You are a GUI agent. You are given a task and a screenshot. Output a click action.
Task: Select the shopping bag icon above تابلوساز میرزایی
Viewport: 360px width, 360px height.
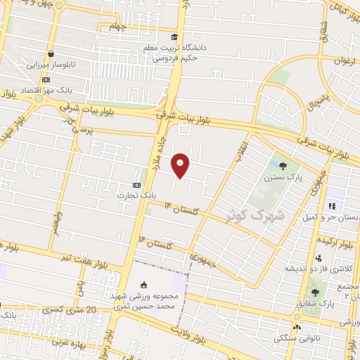pos(51,53)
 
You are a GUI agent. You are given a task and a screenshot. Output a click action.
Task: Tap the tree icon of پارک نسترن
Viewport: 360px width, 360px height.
pos(283,166)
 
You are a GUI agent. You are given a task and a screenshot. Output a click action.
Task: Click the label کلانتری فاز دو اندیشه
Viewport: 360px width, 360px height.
pos(314,269)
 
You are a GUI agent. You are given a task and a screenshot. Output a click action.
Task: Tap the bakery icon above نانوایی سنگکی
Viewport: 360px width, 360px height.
pos(297,327)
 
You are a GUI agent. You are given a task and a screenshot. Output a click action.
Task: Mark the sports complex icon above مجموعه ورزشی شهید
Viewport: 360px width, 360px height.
pos(144,285)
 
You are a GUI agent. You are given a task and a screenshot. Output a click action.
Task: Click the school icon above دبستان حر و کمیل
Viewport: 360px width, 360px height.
pos(333,207)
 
